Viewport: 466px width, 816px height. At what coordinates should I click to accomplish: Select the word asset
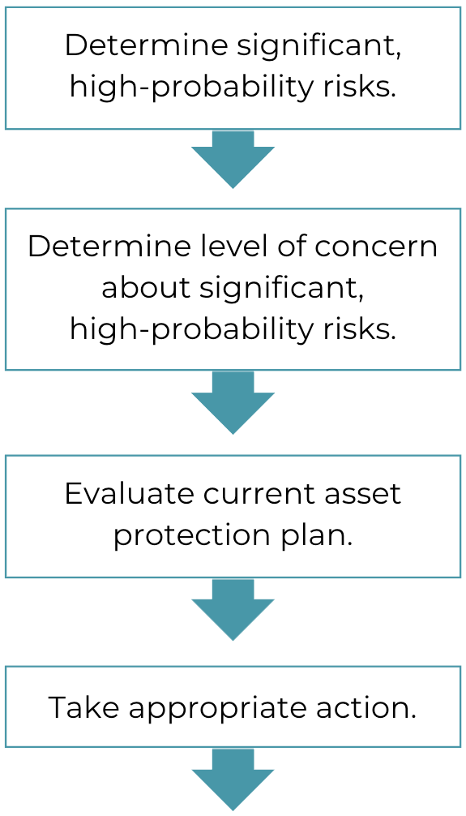(x=363, y=495)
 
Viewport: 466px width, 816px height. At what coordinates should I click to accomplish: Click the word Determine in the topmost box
(x=147, y=45)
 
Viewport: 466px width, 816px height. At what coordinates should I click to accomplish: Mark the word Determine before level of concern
(x=109, y=247)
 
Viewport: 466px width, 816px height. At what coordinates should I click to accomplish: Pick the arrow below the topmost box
(x=233, y=159)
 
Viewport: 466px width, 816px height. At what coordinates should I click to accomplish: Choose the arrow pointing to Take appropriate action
(x=233, y=609)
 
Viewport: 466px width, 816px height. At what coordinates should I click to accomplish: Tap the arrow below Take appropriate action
(x=233, y=779)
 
